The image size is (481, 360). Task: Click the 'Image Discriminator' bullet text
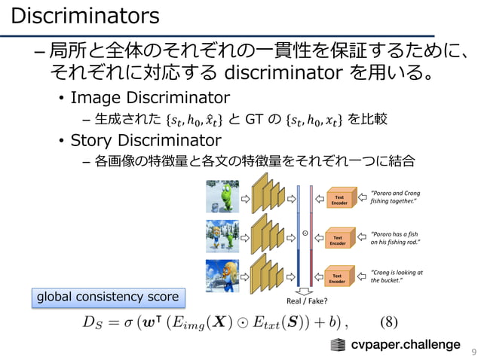pyautogui.click(x=149, y=98)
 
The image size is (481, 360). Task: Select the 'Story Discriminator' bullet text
pyautogui.click(x=146, y=141)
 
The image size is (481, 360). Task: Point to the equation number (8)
pyautogui.click(x=388, y=322)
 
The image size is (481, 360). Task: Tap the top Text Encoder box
pyautogui.click(x=339, y=199)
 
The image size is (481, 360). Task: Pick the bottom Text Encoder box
pyautogui.click(x=339, y=279)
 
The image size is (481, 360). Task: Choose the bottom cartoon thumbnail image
pyautogui.click(x=222, y=276)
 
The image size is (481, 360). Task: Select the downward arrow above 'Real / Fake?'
pyautogui.click(x=305, y=291)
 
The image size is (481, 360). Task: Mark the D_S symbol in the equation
pyautogui.click(x=93, y=324)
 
